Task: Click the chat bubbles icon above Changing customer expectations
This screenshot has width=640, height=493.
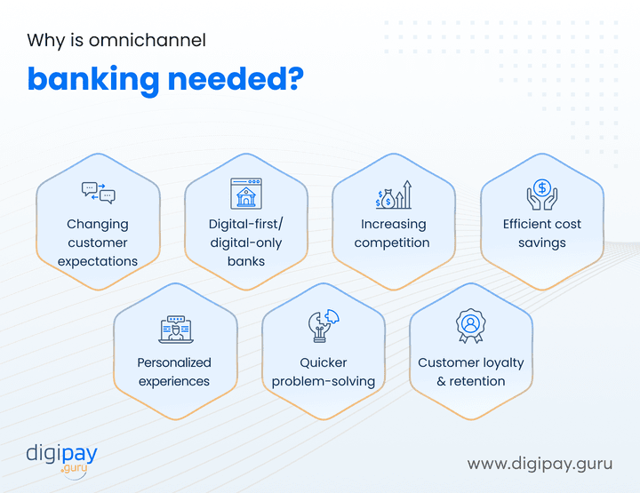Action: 98,192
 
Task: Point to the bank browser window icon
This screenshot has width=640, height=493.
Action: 246,193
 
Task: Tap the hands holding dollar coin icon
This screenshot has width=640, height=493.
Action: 541,193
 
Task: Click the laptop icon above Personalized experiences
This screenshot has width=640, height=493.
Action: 174,330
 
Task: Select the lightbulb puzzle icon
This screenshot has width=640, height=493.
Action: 321,328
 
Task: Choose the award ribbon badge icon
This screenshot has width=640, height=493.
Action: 469,326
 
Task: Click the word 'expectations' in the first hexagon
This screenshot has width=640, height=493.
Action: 98,261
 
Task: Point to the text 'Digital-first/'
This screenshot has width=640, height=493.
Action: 246,224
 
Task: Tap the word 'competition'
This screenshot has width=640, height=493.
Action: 392,243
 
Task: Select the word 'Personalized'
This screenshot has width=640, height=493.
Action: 174,362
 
